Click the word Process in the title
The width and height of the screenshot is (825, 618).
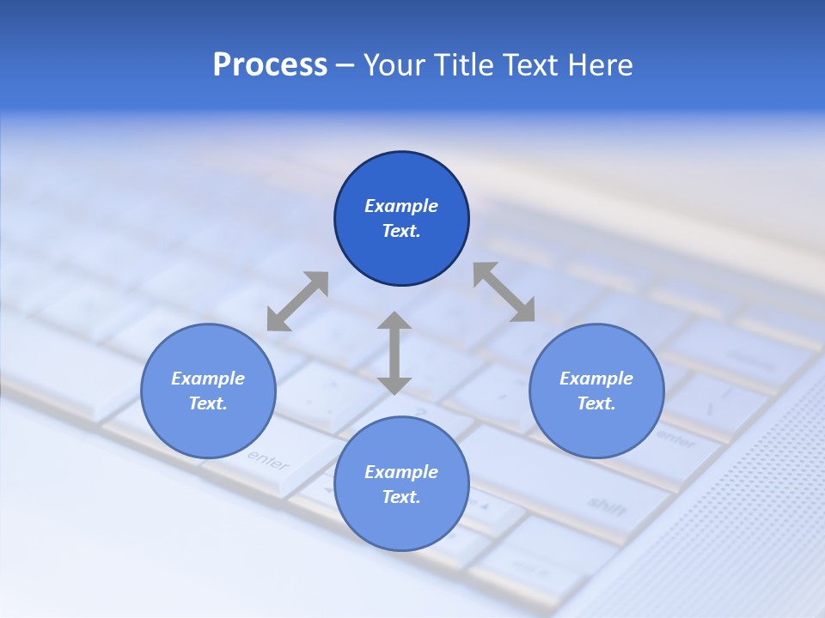(x=270, y=65)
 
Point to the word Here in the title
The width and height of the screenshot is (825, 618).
(x=602, y=65)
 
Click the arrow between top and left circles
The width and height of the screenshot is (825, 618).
(x=297, y=301)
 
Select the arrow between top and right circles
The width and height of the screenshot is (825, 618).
(x=504, y=292)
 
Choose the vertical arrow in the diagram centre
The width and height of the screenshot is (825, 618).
(x=394, y=353)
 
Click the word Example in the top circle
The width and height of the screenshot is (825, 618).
(x=401, y=206)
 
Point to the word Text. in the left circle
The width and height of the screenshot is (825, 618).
(x=208, y=403)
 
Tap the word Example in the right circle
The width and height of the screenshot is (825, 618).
(x=596, y=379)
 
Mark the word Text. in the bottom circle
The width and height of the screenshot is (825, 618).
(x=401, y=497)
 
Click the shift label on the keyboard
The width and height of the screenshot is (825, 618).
(x=607, y=506)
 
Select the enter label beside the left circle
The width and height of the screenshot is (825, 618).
(x=268, y=460)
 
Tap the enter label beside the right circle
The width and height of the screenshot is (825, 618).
(x=676, y=440)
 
